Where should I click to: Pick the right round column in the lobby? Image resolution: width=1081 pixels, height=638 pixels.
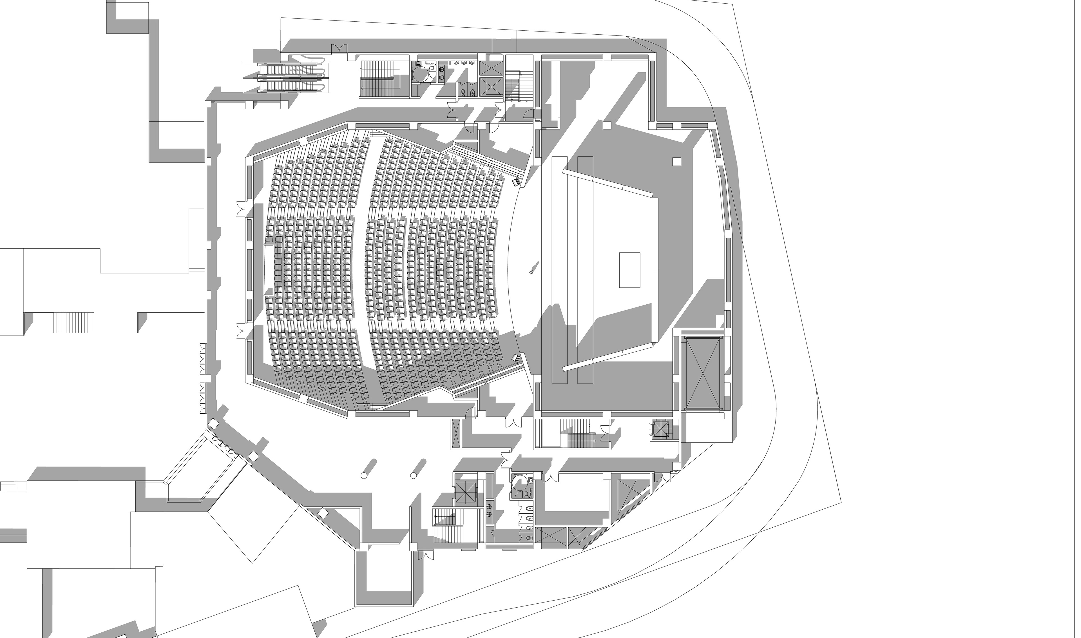click(x=418, y=468)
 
